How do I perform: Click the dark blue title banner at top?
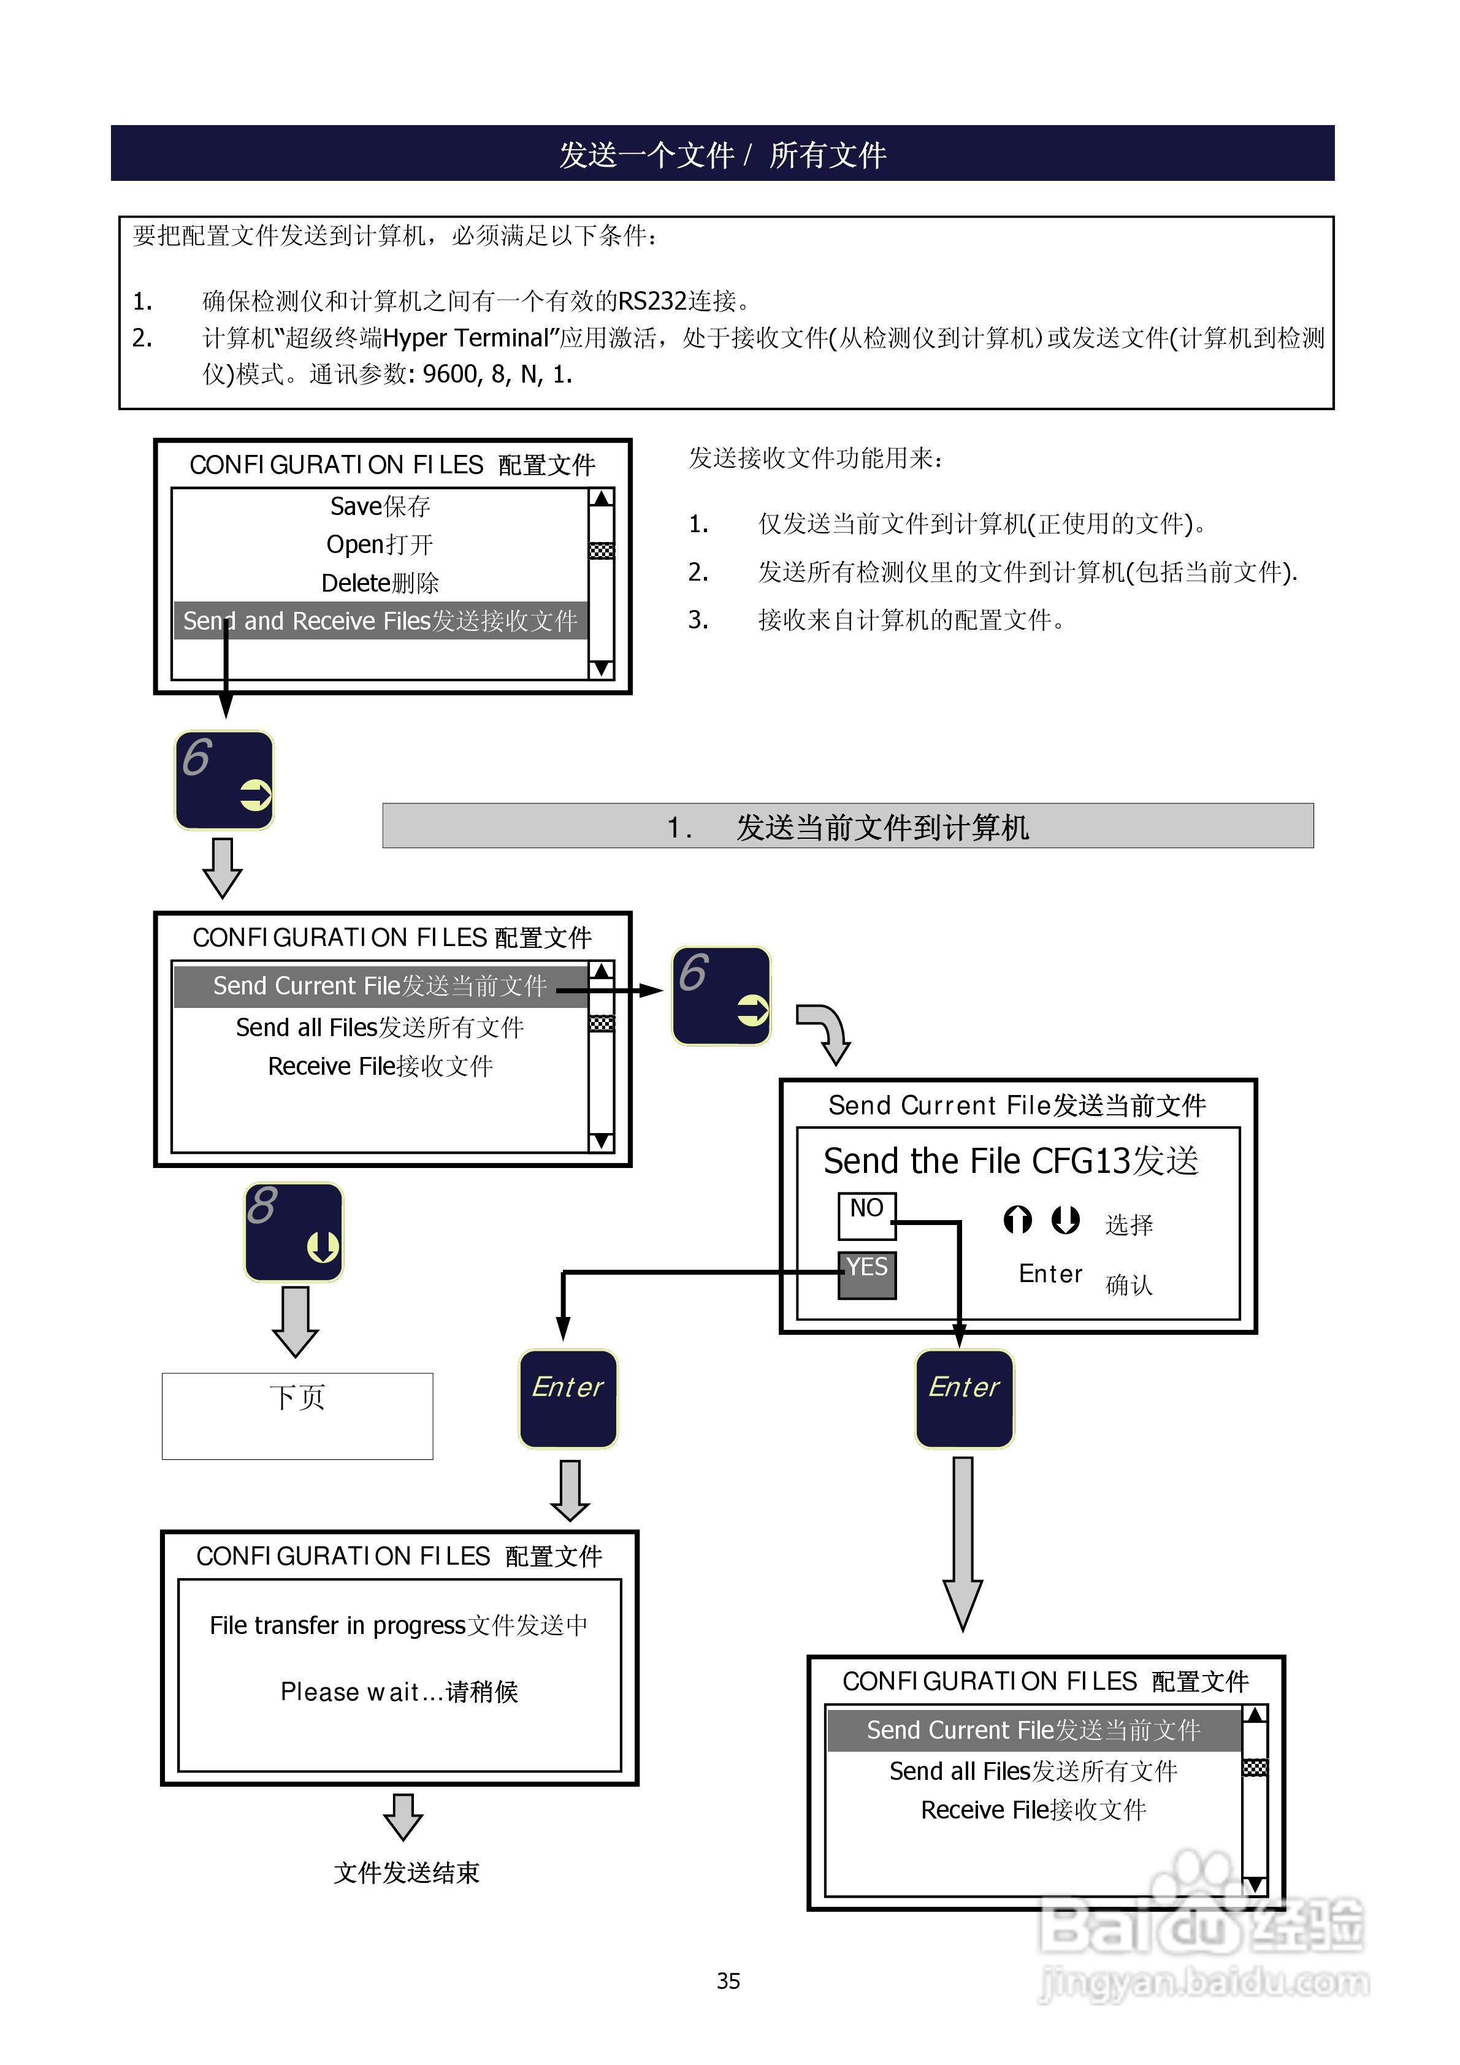pyautogui.click(x=722, y=154)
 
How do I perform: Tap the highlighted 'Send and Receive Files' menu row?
pyautogui.click(x=380, y=620)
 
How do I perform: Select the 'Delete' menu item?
pyautogui.click(x=380, y=583)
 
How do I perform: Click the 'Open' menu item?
pyautogui.click(x=380, y=544)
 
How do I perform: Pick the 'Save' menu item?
pyautogui.click(x=380, y=506)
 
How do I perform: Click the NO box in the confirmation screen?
pyautogui.click(x=866, y=1210)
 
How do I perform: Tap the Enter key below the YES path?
pyautogui.click(x=568, y=1399)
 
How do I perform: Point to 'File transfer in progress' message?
pyautogui.click(x=337, y=1625)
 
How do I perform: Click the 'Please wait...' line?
pyautogui.click(x=399, y=1692)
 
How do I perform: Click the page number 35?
pyautogui.click(x=728, y=1980)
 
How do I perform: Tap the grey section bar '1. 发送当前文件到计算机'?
pyautogui.click(x=847, y=826)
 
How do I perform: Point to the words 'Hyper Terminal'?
pyautogui.click(x=465, y=338)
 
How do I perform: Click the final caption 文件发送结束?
pyautogui.click(x=406, y=1872)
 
